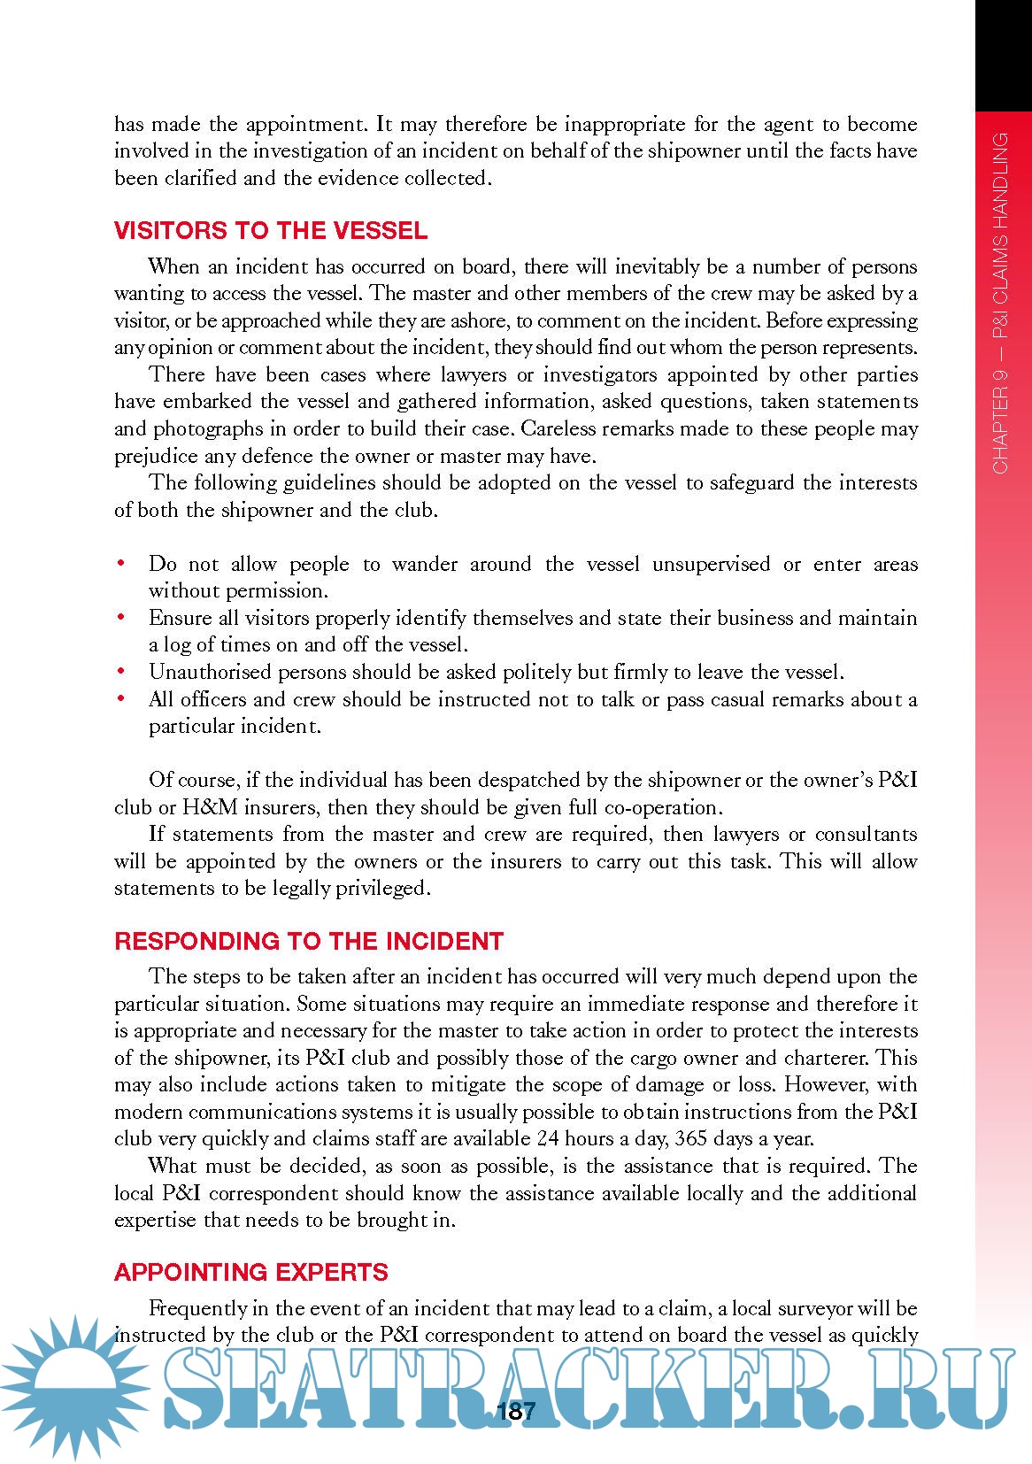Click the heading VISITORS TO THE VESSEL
(x=271, y=231)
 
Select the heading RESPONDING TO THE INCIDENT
(x=309, y=941)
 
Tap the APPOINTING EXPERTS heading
(x=251, y=1272)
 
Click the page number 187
(x=517, y=1411)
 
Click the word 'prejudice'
(x=155, y=456)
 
